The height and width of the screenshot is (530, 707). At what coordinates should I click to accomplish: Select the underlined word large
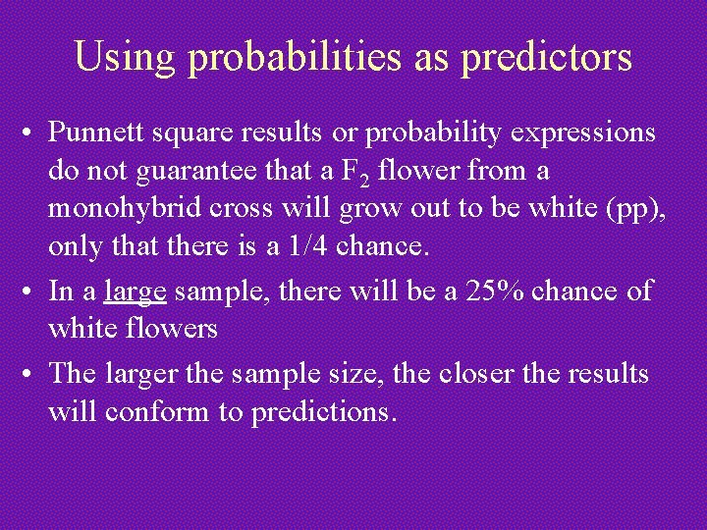pyautogui.click(x=135, y=291)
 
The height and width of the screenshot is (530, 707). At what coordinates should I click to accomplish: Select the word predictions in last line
pyautogui.click(x=324, y=412)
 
